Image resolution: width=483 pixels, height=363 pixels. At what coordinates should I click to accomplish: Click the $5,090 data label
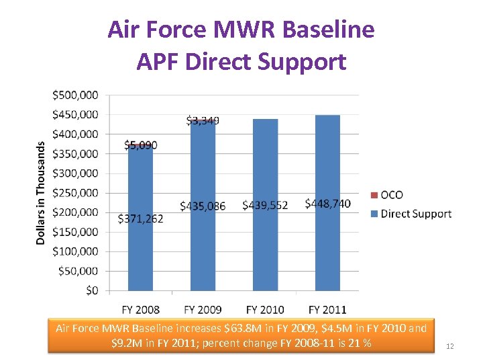pos(140,145)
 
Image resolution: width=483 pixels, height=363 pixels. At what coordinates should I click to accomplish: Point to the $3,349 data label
pos(203,121)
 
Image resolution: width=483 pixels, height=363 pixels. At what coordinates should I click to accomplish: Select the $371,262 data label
pos(140,218)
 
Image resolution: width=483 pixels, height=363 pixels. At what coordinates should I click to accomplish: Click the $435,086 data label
pos(203,205)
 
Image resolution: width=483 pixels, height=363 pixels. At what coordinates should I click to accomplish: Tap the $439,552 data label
pos(265,205)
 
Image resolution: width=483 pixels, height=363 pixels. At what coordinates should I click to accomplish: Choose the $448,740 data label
pos(327,204)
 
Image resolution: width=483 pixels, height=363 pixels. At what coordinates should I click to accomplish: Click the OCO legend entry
pos(391,195)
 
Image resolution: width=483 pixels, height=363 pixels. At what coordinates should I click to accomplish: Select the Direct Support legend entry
pos(415,214)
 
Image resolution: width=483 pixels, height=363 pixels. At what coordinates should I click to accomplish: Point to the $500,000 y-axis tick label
pos(75,95)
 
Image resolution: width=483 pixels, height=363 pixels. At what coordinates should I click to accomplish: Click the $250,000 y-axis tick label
pos(75,193)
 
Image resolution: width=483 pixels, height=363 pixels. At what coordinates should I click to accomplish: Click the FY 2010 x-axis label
pos(265,309)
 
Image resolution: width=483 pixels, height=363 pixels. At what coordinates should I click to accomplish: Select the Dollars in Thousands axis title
pos(41,192)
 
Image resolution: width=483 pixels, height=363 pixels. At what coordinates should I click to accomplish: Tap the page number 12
pos(450,346)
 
